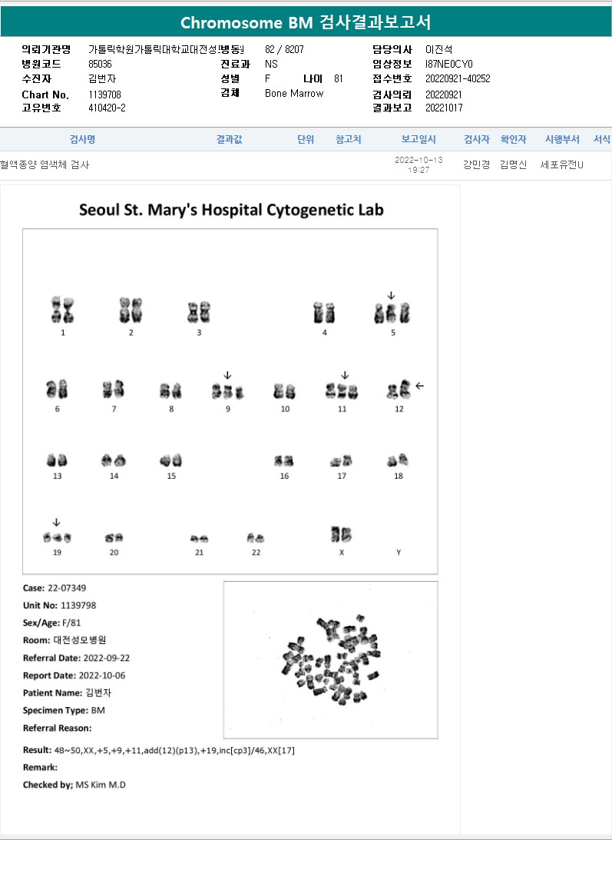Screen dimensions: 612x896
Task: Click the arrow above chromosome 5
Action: tap(391, 295)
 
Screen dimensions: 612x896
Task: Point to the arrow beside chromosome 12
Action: tap(419, 386)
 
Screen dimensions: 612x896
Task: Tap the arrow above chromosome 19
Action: tap(56, 523)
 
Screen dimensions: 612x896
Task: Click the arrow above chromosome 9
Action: tap(228, 375)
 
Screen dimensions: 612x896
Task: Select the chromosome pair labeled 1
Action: tap(62, 309)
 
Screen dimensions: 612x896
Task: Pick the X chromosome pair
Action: tap(342, 534)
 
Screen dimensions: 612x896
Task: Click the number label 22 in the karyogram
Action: tap(256, 553)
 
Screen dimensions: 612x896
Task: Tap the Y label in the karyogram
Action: tap(399, 553)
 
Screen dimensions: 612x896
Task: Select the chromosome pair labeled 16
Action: tap(284, 460)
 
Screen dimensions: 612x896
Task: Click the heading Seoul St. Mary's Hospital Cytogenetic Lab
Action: tap(231, 210)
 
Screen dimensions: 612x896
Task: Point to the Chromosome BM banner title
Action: tap(306, 22)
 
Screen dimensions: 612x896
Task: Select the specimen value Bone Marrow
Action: tap(294, 93)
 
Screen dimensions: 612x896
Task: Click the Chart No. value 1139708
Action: tap(104, 95)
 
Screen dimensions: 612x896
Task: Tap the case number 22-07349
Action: tap(67, 588)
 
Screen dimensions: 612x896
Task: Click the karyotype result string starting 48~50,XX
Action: tap(174, 750)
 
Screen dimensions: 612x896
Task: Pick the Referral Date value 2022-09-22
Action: tap(106, 658)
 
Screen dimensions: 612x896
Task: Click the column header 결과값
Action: tap(229, 139)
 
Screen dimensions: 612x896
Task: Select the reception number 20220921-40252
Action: tap(458, 78)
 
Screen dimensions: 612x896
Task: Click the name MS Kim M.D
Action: tap(101, 785)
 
